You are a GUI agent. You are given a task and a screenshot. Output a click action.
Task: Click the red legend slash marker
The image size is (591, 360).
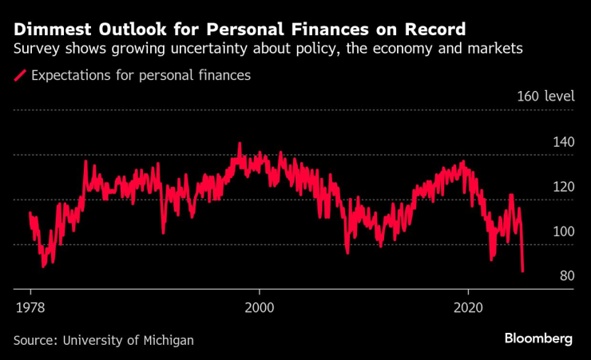[x=20, y=77]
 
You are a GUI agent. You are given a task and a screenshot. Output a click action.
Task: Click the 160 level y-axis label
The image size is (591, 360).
[x=545, y=97]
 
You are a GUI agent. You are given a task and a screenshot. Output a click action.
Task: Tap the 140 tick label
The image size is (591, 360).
[x=563, y=142]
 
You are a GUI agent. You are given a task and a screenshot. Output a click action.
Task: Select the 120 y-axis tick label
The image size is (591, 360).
[x=563, y=187]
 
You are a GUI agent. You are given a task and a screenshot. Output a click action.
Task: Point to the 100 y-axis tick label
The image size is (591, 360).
[x=563, y=231]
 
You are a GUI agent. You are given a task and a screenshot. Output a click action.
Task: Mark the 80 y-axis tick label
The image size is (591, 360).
[x=566, y=276]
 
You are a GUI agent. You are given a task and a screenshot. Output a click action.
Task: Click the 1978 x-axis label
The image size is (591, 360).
[x=30, y=307]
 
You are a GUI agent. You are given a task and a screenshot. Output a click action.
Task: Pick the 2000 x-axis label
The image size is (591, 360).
[x=259, y=307]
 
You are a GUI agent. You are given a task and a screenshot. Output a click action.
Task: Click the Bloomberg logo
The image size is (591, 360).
[x=538, y=338]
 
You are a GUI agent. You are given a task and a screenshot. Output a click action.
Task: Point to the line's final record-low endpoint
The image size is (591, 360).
[x=522, y=272]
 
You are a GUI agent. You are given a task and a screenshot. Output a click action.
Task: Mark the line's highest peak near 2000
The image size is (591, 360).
[x=240, y=144]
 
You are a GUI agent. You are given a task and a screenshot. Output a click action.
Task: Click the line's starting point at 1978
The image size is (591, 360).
[x=30, y=212]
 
